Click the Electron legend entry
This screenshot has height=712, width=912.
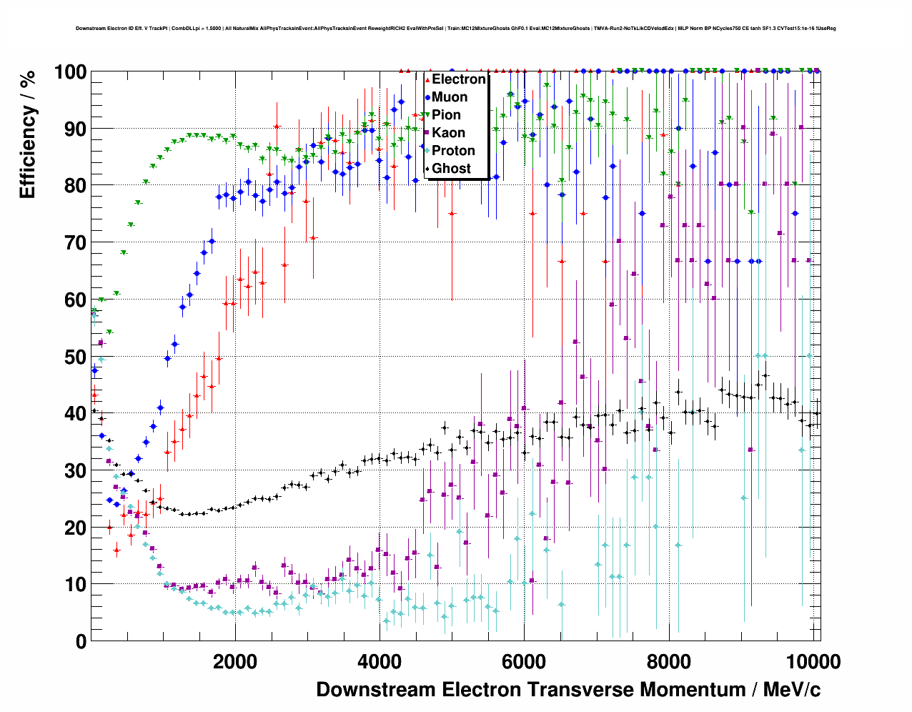[458, 79]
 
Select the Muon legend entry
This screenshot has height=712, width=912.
[450, 97]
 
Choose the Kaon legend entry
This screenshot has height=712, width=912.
[448, 133]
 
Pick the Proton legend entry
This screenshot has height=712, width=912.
[453, 151]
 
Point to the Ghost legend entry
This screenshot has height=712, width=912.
[451, 169]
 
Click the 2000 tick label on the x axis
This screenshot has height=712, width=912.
[235, 661]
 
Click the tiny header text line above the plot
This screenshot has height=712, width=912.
[456, 29]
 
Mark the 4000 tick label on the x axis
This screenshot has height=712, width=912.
[380, 661]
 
